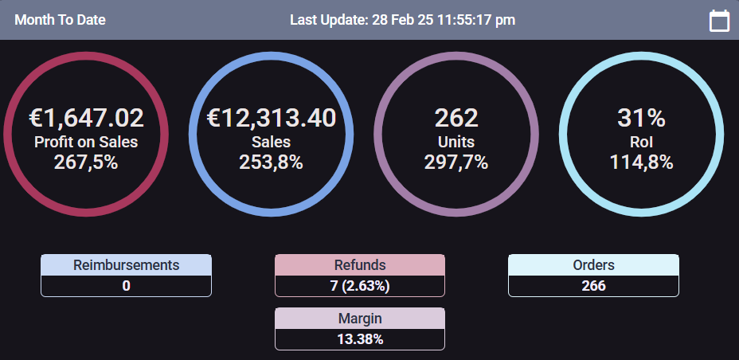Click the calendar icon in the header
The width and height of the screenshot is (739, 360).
(719, 21)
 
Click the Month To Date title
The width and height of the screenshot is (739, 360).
(60, 20)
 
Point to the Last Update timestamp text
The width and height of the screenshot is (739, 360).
(402, 20)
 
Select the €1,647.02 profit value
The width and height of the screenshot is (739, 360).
(87, 118)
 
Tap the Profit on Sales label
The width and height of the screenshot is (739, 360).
(86, 142)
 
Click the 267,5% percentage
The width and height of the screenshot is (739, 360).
(86, 162)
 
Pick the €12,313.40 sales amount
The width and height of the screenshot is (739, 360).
(272, 118)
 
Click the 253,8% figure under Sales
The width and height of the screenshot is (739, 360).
(271, 162)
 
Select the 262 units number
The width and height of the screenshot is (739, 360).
(456, 118)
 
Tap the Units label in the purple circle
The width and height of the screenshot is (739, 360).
(456, 142)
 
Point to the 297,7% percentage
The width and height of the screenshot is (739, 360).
(456, 162)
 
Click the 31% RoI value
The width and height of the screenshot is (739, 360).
(641, 118)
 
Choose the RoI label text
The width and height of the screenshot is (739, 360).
(641, 142)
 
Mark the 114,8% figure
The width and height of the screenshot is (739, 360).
(641, 162)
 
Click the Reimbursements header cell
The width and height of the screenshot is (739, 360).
(126, 265)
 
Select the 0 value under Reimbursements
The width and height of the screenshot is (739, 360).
(126, 286)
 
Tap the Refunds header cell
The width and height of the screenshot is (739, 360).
(360, 265)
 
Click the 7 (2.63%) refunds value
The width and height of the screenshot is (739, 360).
(360, 286)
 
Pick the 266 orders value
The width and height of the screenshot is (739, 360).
(593, 286)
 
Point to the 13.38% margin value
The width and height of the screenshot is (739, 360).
(360, 339)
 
